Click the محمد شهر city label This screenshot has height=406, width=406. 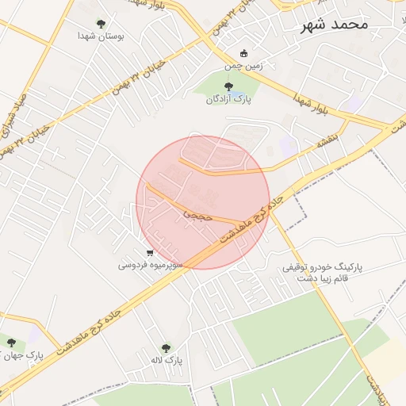[x=335, y=25]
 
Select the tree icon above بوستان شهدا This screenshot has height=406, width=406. [x=100, y=24]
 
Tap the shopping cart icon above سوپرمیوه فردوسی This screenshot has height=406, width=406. [x=150, y=252]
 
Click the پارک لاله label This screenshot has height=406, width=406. [x=168, y=361]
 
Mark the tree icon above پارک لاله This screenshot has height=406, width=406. [x=166, y=348]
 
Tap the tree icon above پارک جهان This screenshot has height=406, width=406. [x=11, y=343]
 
